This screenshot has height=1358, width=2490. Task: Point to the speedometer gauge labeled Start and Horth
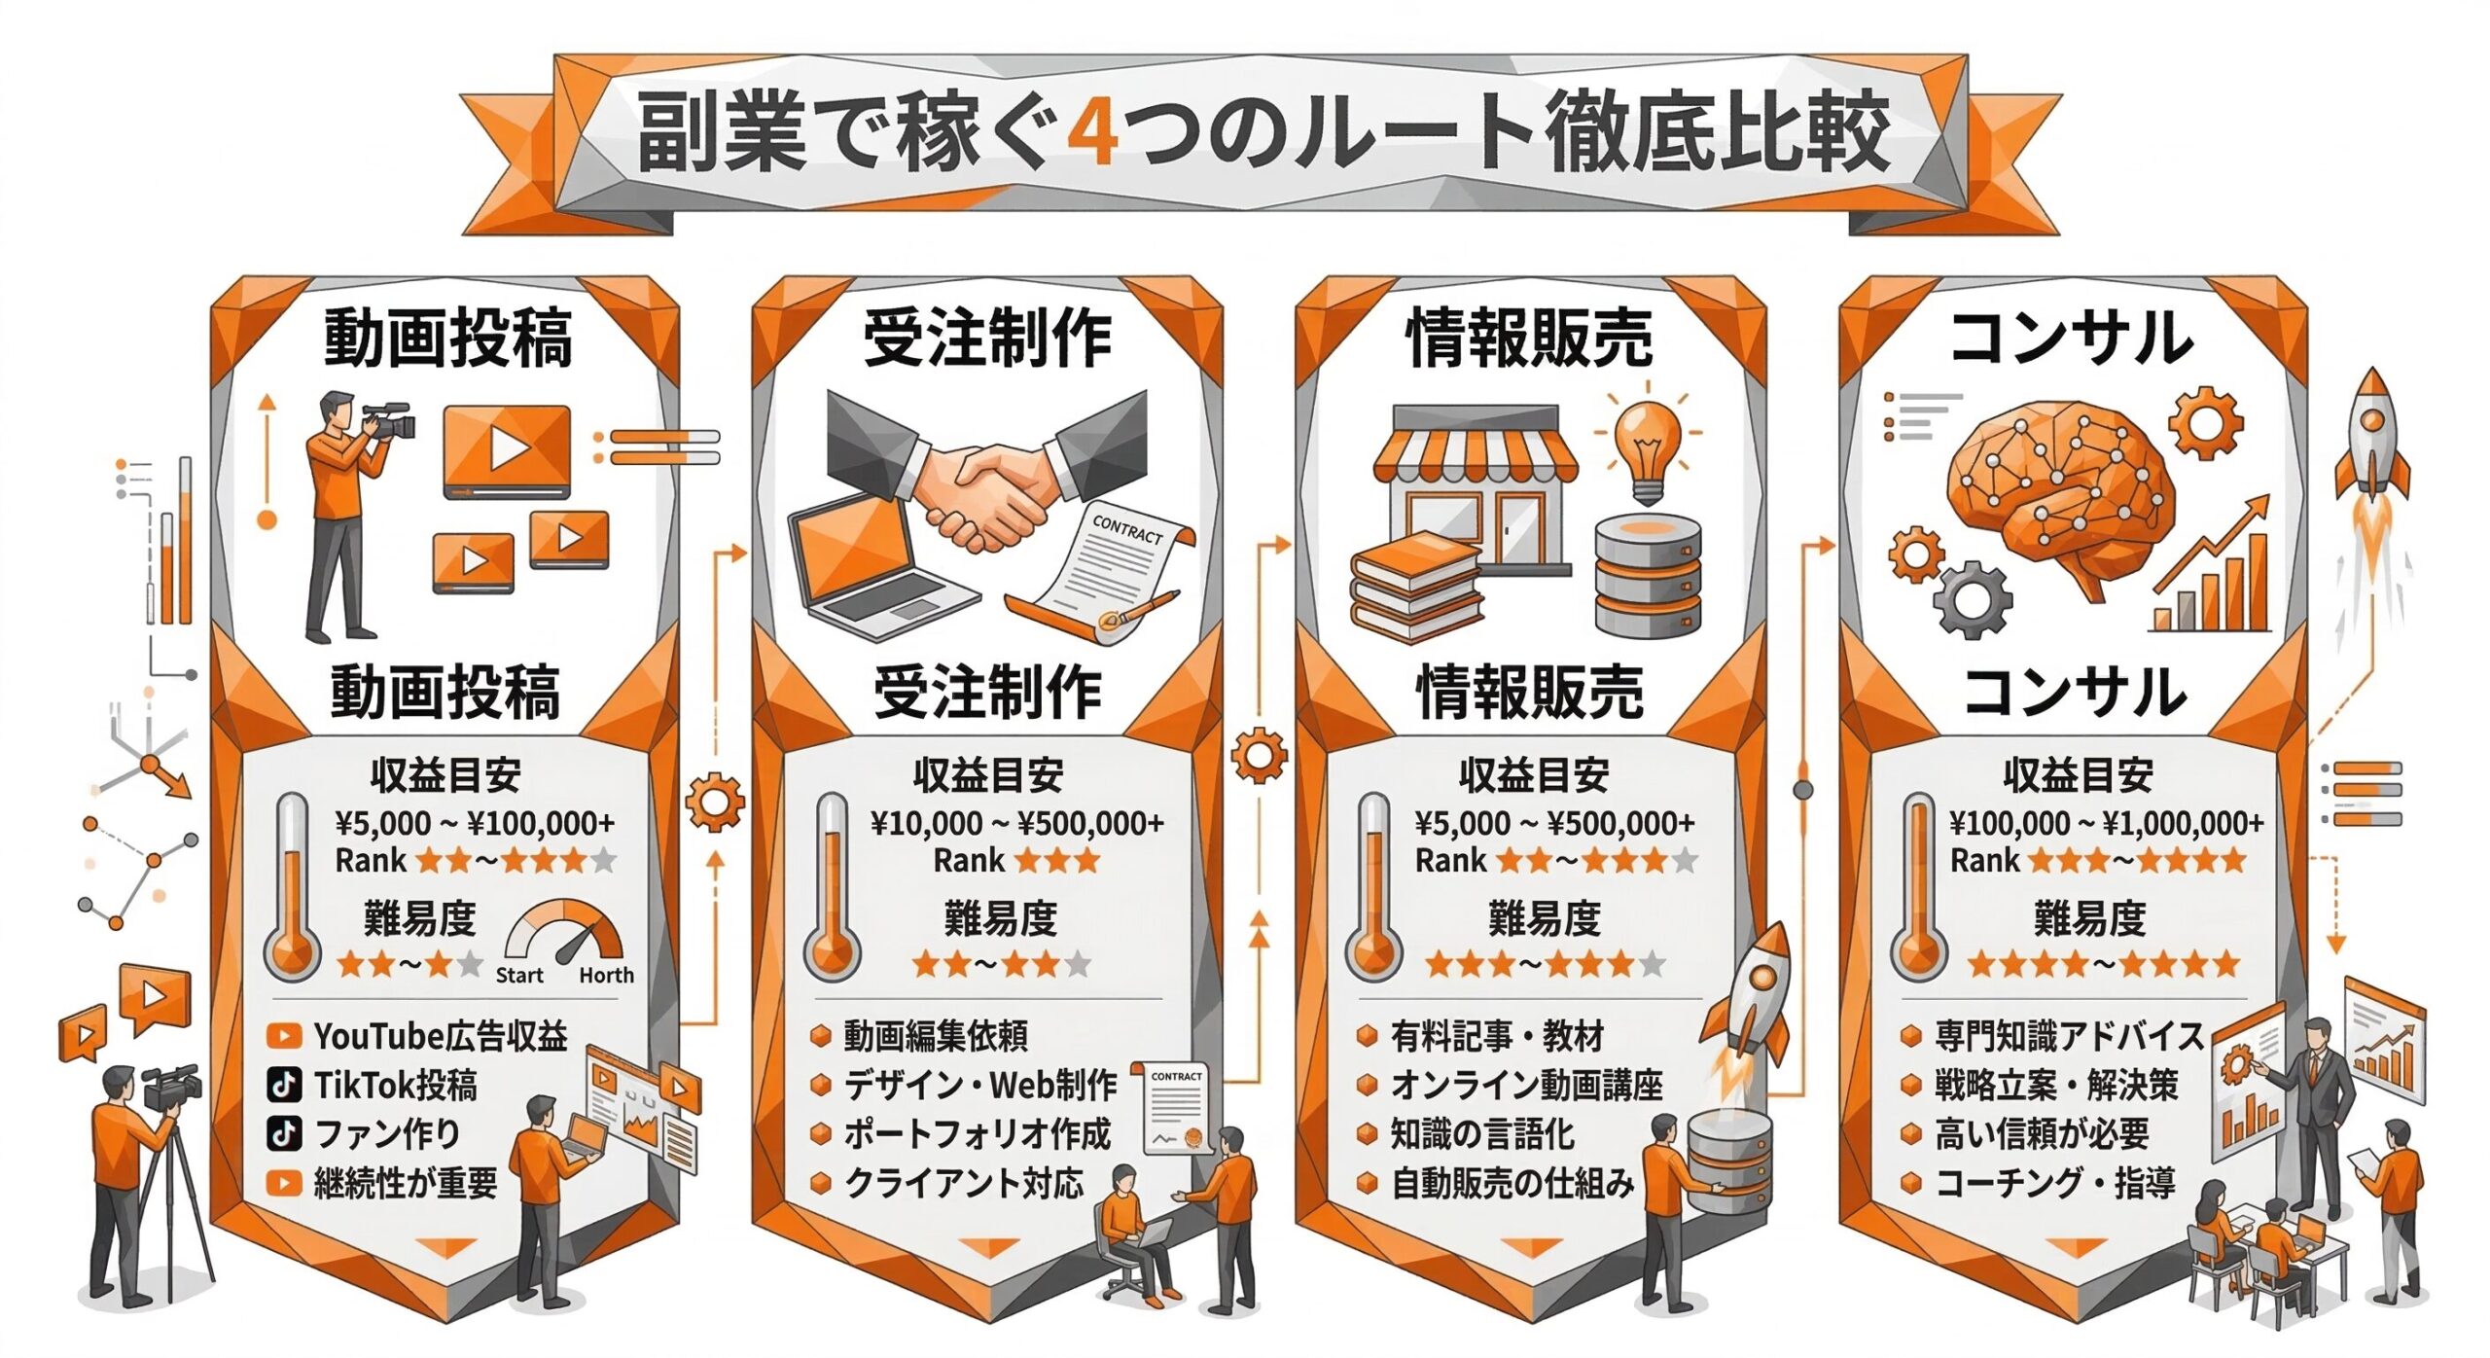tap(565, 934)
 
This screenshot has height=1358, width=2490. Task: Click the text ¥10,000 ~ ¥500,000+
tap(1016, 824)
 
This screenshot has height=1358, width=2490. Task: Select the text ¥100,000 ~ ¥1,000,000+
tap(2106, 824)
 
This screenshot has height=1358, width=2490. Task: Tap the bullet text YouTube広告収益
tap(440, 1036)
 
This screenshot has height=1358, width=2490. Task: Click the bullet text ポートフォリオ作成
tap(977, 1134)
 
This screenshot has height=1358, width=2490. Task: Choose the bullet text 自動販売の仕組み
tap(1512, 1184)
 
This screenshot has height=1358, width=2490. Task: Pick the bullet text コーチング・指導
tap(2055, 1184)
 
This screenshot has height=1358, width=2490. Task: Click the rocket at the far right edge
tap(2372, 438)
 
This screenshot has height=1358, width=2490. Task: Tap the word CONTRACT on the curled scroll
tap(1127, 529)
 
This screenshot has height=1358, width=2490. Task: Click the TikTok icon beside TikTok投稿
tap(283, 1085)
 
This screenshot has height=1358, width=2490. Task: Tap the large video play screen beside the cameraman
tap(507, 450)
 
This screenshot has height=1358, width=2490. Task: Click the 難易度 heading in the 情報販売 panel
tap(1544, 917)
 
